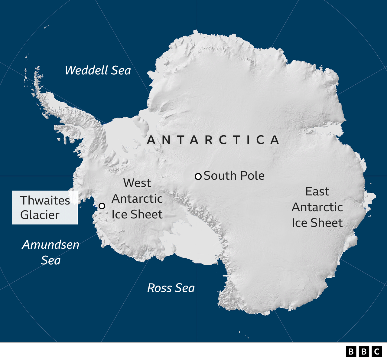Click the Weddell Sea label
point(98,70)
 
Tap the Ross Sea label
point(171,288)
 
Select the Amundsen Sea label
point(51,252)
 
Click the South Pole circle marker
point(198,176)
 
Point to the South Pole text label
point(234,176)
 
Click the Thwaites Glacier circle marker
point(102,206)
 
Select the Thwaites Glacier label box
point(45,208)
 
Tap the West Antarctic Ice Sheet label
point(137,199)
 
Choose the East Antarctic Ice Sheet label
point(317,207)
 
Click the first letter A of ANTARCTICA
point(151,140)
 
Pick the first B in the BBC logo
point(351,352)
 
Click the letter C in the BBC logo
point(377,352)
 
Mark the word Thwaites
point(45,200)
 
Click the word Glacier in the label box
point(40,215)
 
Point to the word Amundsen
point(51,244)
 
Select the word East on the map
point(317,191)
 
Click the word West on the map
point(137,183)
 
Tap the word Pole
point(253,176)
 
